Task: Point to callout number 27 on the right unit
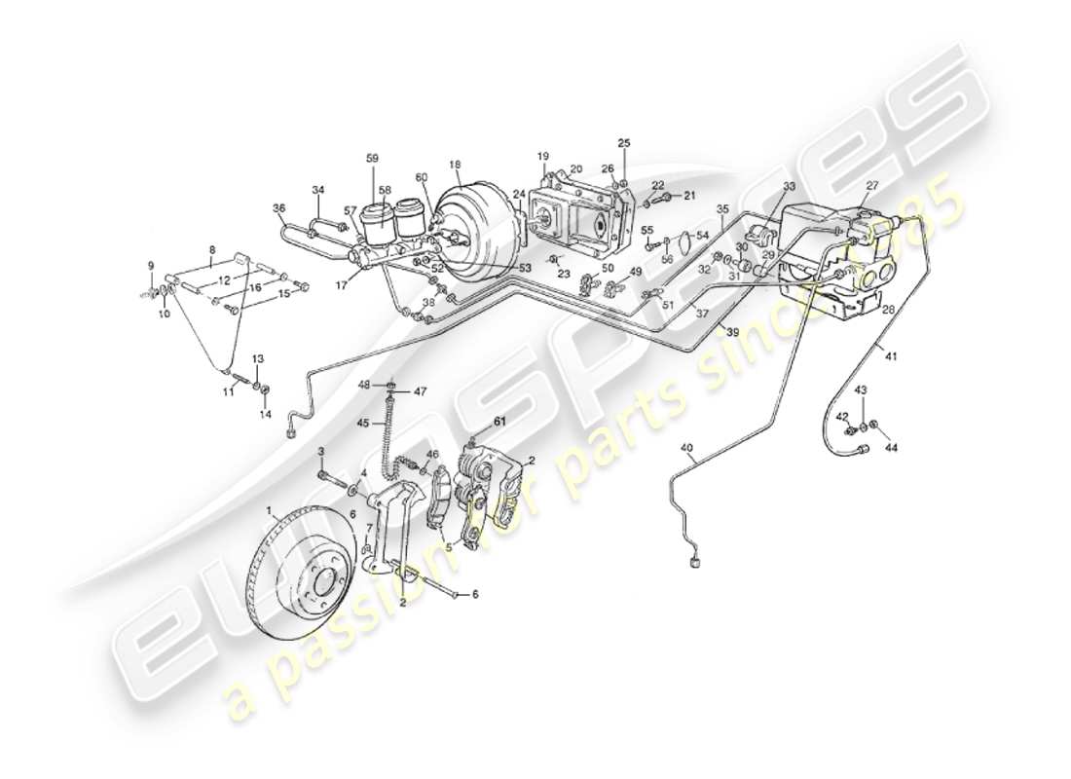pyautogui.click(x=870, y=184)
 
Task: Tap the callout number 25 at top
pyautogui.click(x=624, y=143)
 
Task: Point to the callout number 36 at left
pyautogui.click(x=278, y=207)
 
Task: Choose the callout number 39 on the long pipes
pyautogui.click(x=732, y=332)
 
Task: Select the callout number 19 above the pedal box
pyautogui.click(x=543, y=156)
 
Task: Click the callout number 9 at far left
pyautogui.click(x=151, y=266)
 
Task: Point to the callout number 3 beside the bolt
pyautogui.click(x=321, y=451)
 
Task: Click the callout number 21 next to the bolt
pyautogui.click(x=690, y=196)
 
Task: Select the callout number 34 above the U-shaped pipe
pyautogui.click(x=317, y=190)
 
